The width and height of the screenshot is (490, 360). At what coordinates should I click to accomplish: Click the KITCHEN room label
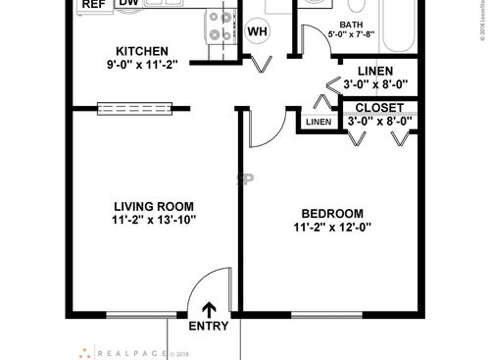point(142,52)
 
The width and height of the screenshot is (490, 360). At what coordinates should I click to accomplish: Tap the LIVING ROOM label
point(154,206)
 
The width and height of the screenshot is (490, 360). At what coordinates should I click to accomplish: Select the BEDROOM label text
point(332,213)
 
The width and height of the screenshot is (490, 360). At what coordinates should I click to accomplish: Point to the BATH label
point(351,26)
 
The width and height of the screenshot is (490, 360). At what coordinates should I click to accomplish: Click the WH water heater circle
point(258,31)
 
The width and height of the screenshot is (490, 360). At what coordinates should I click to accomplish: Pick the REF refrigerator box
point(93,5)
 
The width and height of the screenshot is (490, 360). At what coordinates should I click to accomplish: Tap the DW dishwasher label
point(128,4)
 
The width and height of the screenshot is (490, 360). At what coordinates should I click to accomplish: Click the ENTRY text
point(208,327)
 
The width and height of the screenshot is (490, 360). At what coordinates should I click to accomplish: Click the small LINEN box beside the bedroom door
point(318,122)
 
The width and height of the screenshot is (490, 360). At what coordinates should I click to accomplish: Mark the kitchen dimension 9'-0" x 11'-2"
point(142,68)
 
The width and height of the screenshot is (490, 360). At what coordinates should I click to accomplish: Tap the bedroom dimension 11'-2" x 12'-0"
point(332,228)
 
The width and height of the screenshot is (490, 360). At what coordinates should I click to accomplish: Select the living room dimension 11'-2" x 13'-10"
point(154,221)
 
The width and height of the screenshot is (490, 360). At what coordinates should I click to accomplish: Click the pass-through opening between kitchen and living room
point(135,105)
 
